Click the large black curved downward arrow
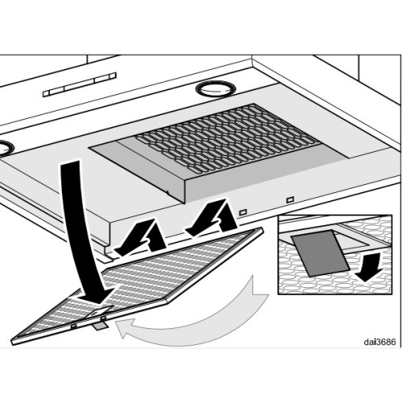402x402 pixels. [x=84, y=233]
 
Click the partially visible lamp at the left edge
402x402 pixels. [x=6, y=147]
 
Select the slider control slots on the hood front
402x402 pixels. [x=79, y=84]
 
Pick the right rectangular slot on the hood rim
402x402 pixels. [x=289, y=199]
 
